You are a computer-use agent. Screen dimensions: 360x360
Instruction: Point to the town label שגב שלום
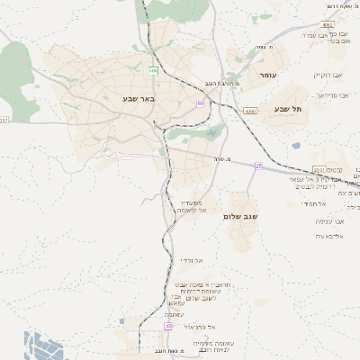[239, 217]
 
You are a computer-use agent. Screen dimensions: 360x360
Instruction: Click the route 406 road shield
[154, 69]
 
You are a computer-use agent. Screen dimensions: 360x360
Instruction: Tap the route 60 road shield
[202, 104]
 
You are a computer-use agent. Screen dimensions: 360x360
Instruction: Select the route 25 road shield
[259, 166]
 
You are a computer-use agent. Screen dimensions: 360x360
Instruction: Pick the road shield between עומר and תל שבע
[250, 112]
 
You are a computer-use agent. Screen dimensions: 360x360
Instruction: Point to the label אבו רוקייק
[328, 75]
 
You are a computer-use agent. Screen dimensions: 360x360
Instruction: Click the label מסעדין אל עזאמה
[194, 207]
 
